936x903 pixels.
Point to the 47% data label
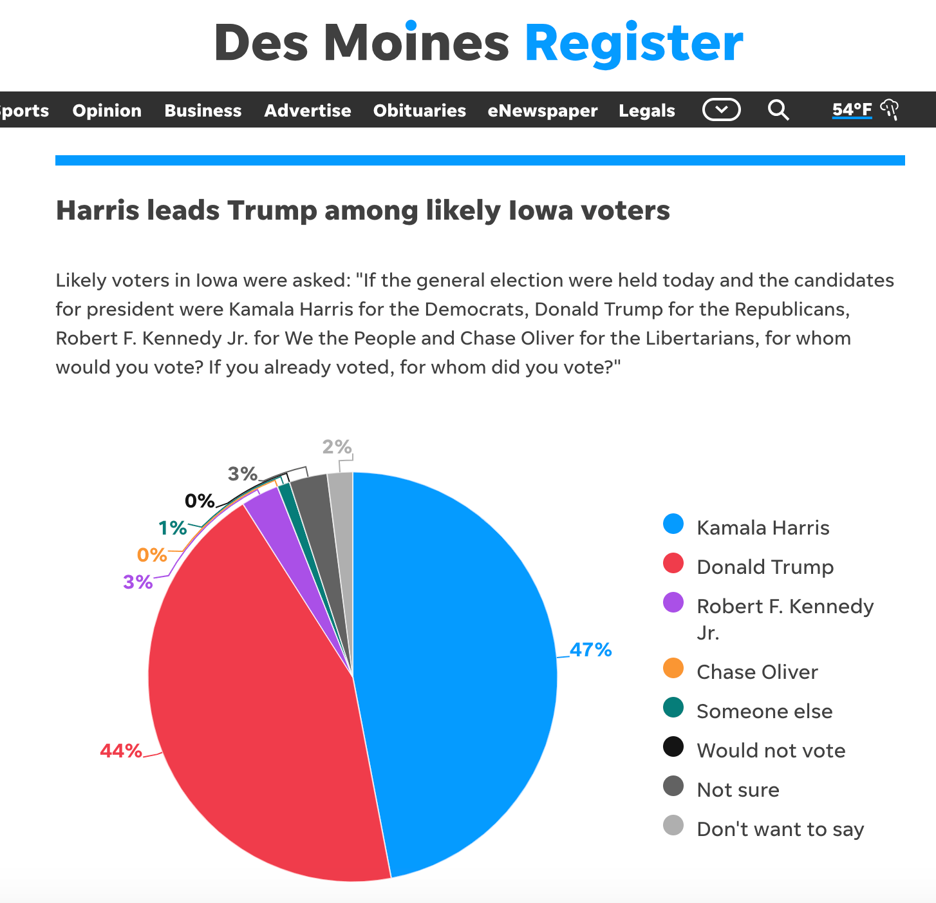pyautogui.click(x=590, y=650)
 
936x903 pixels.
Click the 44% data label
pyautogui.click(x=121, y=751)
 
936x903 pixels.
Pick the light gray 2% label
pyautogui.click(x=337, y=447)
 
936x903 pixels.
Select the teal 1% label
pyautogui.click(x=173, y=529)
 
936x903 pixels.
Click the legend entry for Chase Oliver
pyautogui.click(x=757, y=672)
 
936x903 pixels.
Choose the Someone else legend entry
pyautogui.click(x=764, y=711)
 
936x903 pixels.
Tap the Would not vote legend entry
pyautogui.click(x=771, y=750)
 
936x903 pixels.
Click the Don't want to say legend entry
pyautogui.click(x=780, y=829)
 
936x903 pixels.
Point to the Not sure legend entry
pyautogui.click(x=738, y=790)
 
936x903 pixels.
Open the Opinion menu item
pyautogui.click(x=107, y=110)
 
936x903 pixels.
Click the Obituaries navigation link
pyautogui.click(x=419, y=110)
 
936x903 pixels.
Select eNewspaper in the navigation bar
pyautogui.click(x=542, y=110)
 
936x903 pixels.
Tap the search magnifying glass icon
pyautogui.click(x=778, y=110)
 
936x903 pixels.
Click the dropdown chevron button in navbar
pyautogui.click(x=721, y=110)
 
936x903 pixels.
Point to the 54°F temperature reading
pyautogui.click(x=852, y=109)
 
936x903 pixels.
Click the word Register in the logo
pyautogui.click(x=634, y=44)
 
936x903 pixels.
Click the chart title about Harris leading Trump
pyautogui.click(x=363, y=211)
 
